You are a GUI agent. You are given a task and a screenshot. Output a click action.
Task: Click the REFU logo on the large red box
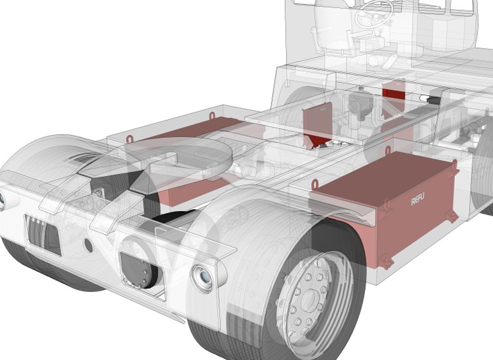(x=417, y=199)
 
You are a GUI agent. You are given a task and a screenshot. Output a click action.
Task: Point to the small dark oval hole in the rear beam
(x=89, y=245)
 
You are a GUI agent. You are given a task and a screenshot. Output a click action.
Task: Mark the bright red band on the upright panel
(x=393, y=93)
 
